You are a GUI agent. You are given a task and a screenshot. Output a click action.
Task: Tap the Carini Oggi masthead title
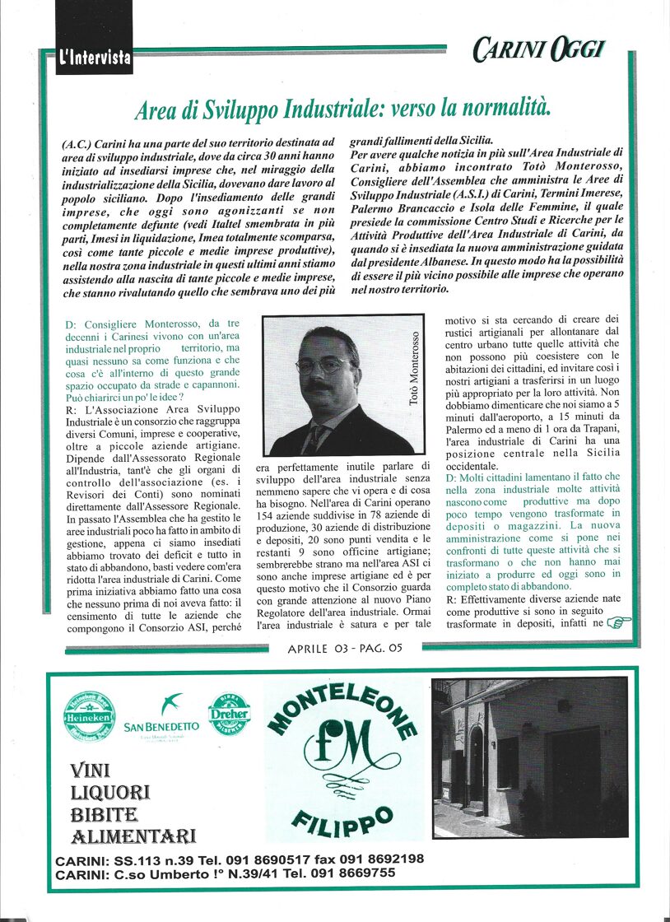tap(538, 51)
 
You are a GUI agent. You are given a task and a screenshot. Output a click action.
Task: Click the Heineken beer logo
tap(90, 715)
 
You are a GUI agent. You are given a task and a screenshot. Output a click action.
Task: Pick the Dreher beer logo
tap(229, 712)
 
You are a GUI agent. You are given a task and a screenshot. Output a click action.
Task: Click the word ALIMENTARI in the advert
tap(133, 837)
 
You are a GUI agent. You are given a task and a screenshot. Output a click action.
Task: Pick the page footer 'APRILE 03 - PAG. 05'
tap(345, 650)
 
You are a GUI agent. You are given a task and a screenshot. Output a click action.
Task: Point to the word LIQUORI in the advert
tap(110, 793)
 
